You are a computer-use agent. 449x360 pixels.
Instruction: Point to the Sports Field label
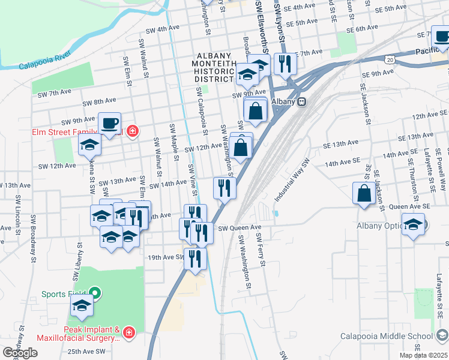click(64, 294)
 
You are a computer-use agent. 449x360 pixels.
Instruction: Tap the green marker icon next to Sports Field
click(95, 294)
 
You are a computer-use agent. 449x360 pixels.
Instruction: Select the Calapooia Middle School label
click(386, 336)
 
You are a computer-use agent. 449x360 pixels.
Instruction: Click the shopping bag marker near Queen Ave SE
click(364, 194)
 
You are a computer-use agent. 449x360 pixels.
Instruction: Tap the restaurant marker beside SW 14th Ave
click(224, 188)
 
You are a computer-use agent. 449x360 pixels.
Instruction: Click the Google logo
click(20, 353)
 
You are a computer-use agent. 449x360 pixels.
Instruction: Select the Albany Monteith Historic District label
click(213, 66)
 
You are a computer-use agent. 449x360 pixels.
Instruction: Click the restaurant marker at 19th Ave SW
click(195, 258)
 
